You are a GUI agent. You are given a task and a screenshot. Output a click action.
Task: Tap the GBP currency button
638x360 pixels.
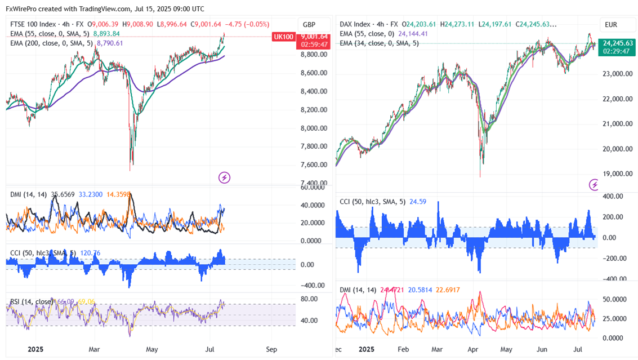point(309,25)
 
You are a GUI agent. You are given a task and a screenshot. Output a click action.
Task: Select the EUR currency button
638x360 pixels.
point(612,25)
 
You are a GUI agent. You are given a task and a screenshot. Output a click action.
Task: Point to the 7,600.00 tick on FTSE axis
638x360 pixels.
point(314,165)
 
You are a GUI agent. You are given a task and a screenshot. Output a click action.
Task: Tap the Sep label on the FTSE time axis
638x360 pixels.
point(272,349)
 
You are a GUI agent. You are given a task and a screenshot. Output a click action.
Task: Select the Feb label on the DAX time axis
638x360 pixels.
point(403,349)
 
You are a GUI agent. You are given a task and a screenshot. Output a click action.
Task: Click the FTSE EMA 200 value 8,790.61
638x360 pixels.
point(111,42)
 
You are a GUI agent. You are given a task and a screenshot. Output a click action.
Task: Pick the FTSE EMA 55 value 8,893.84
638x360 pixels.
point(106,33)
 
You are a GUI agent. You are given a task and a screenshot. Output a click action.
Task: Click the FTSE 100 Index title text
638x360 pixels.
point(35,24)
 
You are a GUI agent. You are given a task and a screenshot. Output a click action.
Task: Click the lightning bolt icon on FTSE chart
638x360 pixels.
point(224,178)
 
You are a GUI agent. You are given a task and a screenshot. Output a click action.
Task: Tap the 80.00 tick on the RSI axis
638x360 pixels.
point(309,299)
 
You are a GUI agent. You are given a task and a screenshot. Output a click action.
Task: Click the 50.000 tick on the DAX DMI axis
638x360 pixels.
point(614,300)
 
